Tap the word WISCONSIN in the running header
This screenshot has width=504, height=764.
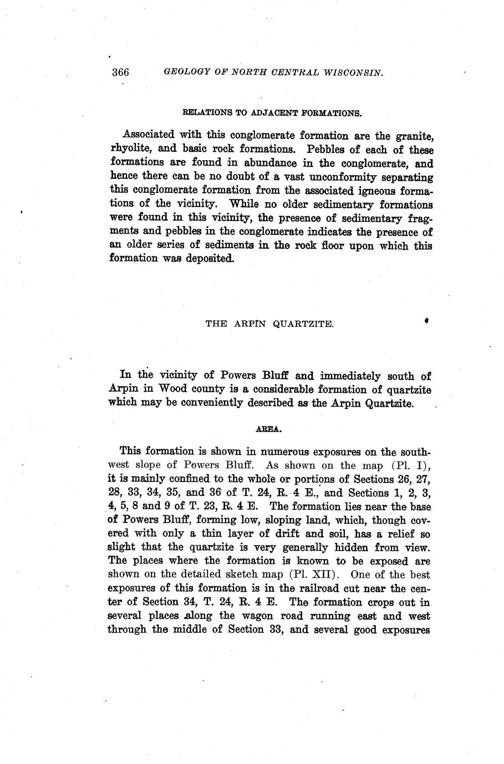(351, 73)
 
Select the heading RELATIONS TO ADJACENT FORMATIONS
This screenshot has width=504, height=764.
(272, 113)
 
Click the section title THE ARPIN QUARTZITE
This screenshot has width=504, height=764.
(269, 324)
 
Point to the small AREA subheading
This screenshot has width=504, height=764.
(270, 429)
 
